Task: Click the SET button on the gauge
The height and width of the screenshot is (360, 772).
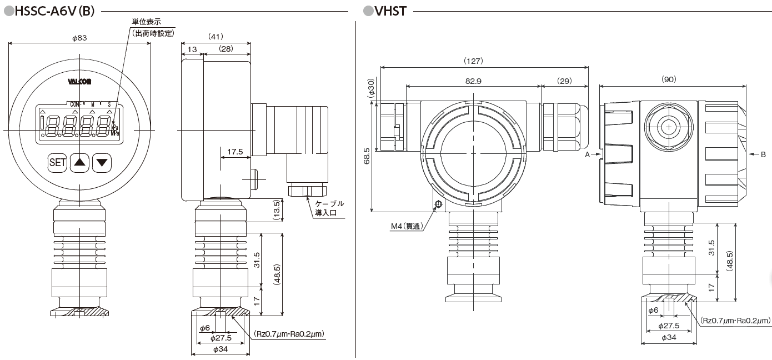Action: coord(58,163)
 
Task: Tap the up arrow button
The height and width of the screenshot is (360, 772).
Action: coord(81,163)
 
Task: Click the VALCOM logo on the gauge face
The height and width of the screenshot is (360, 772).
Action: coord(80,81)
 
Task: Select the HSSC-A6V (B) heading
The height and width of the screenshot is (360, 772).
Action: coord(53,11)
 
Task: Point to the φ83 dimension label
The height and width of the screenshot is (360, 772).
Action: coord(80,38)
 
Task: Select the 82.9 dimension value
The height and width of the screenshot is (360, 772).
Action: coord(473,81)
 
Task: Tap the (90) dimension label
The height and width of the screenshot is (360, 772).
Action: coord(669,79)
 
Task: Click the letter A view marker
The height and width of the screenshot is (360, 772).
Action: coord(587,156)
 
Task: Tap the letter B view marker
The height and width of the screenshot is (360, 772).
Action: coord(763,156)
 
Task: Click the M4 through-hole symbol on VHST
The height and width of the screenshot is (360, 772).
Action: coord(438,204)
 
